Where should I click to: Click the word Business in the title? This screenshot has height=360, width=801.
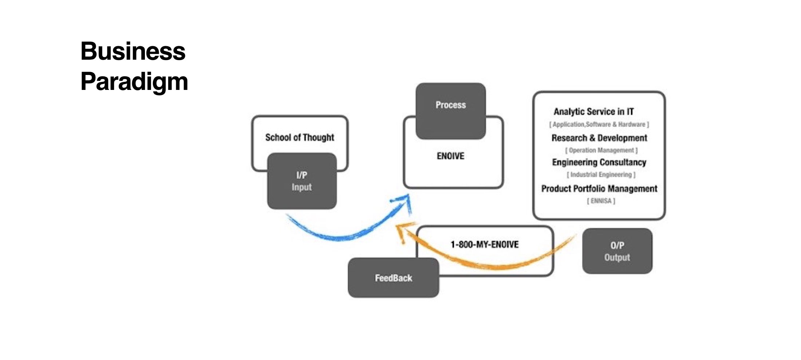[x=133, y=51]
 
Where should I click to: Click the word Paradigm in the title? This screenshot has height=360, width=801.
[x=134, y=82]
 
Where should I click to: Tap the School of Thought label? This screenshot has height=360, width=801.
[x=299, y=138]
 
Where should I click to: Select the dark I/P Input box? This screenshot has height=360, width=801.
[x=302, y=181]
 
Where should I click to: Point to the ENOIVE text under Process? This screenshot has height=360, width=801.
[x=450, y=156]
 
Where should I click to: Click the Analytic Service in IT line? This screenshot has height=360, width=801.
[x=593, y=112]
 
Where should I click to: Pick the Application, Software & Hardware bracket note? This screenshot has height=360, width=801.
[x=599, y=124]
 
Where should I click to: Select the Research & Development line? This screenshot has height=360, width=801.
[x=599, y=138]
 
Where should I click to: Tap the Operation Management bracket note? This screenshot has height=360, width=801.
[x=601, y=150]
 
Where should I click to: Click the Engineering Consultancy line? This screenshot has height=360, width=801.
[x=599, y=162]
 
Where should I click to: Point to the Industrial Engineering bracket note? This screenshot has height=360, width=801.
[x=601, y=175]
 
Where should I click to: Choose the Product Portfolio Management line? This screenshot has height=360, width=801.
[x=599, y=189]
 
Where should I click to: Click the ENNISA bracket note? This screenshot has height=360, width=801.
[x=601, y=201]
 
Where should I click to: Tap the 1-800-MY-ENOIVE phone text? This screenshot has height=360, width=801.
[x=484, y=245]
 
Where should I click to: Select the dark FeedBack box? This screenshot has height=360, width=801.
[x=393, y=278]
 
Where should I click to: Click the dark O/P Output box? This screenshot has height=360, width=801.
[x=617, y=251]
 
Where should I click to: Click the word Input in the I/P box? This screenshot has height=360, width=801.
[x=301, y=187]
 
